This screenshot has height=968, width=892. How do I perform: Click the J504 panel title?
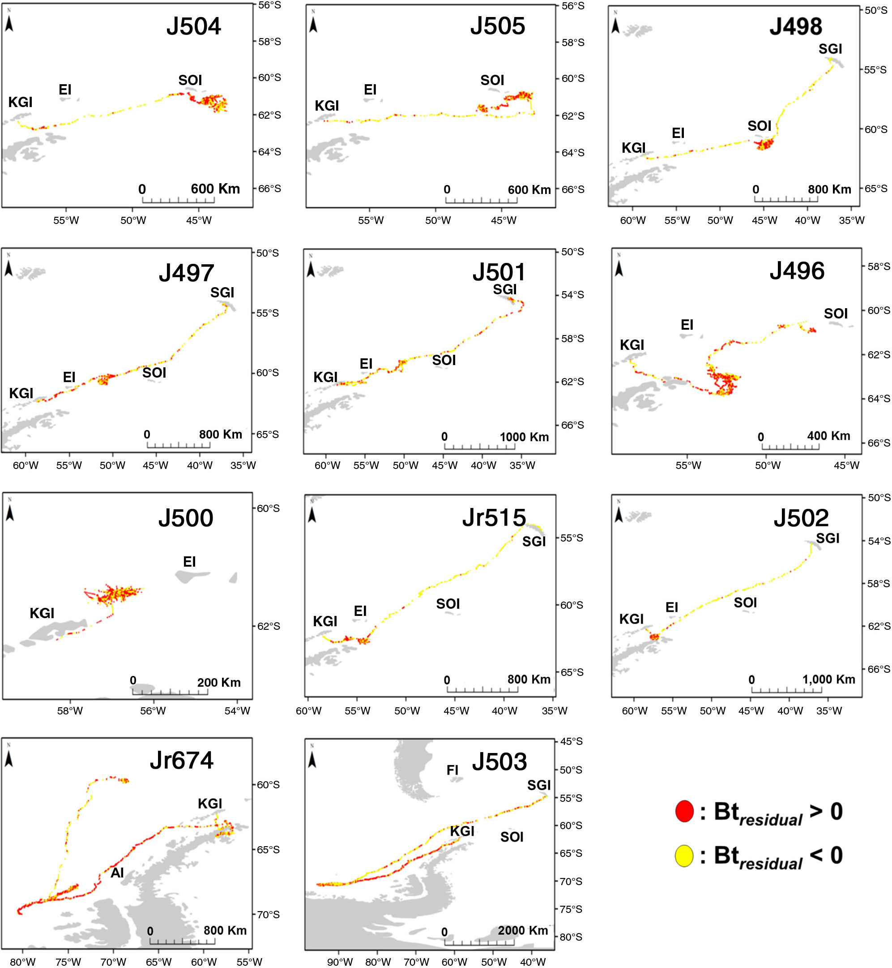[x=193, y=26]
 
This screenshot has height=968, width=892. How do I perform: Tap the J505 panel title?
[x=498, y=26]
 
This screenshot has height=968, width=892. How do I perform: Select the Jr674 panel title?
[x=182, y=760]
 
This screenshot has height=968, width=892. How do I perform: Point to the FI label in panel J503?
[x=452, y=770]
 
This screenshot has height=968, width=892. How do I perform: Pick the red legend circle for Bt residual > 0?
[x=684, y=812]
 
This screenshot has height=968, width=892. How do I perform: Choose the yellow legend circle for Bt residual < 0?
[x=684, y=856]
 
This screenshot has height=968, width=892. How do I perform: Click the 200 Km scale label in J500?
[x=219, y=683]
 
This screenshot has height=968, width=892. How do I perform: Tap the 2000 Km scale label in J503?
[x=523, y=930]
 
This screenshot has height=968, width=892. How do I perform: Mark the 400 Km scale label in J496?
[x=828, y=436]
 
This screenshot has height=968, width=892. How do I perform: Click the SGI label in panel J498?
[x=830, y=49]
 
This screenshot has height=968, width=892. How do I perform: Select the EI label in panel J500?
[x=189, y=562]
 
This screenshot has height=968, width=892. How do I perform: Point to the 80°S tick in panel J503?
[x=571, y=937]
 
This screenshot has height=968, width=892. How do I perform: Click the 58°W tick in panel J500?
[x=70, y=710]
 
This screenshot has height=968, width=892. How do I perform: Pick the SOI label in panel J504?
[x=190, y=80]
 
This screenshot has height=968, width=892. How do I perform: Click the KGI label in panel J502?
[x=632, y=619]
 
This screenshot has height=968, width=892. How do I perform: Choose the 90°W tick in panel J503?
[x=340, y=962]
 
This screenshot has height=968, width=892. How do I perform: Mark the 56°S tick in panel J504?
[x=269, y=5]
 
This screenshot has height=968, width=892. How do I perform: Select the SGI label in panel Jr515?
[x=534, y=542]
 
